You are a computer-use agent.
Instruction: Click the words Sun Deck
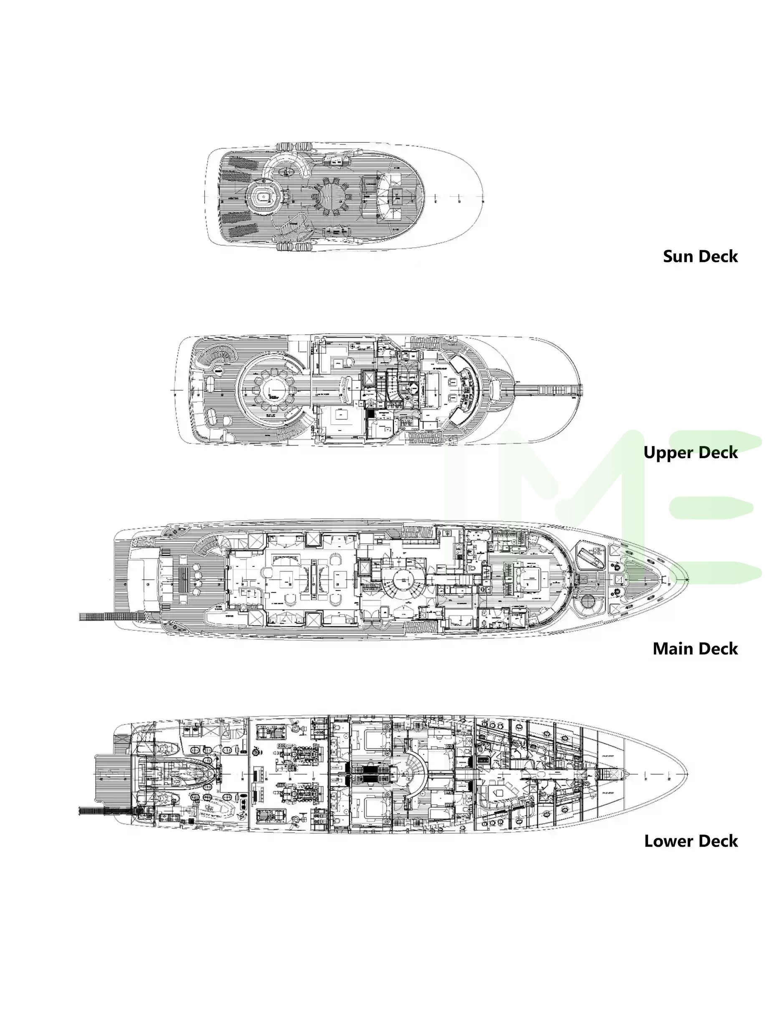(700, 256)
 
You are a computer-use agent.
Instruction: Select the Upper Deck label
(690, 452)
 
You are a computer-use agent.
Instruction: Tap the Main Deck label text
(695, 649)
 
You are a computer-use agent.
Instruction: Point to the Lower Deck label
(691, 841)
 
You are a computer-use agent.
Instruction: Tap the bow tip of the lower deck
(687, 774)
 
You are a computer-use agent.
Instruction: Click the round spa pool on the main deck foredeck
(587, 603)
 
